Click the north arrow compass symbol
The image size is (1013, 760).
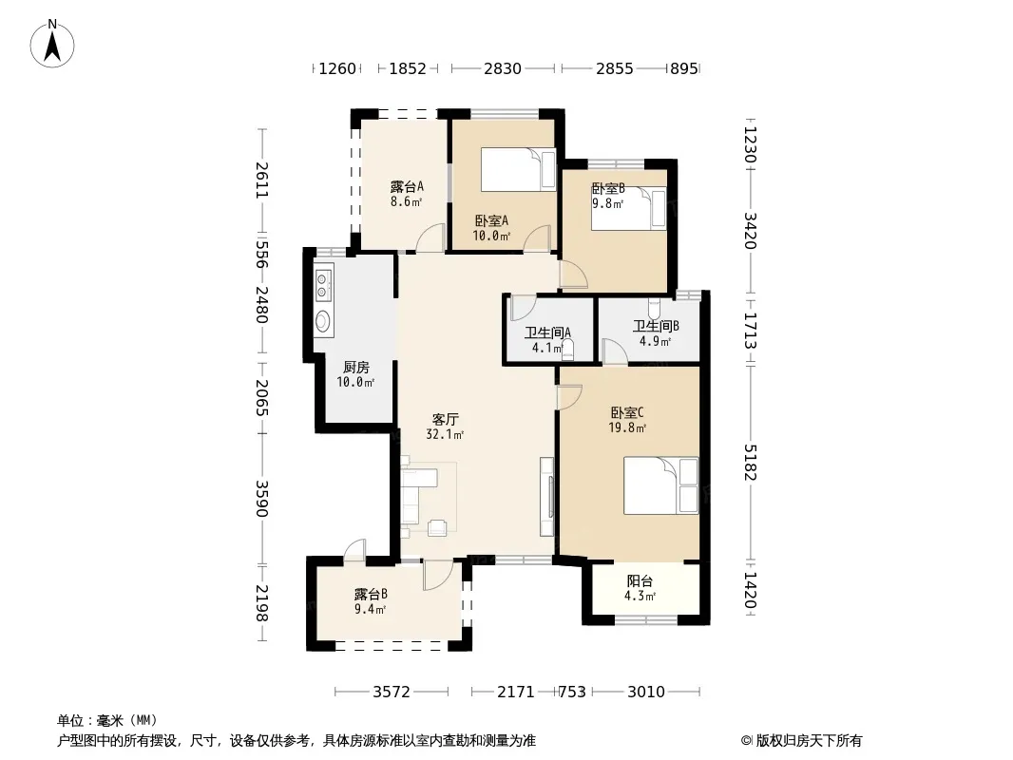pyautogui.click(x=52, y=44)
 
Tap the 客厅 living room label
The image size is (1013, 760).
pyautogui.click(x=445, y=419)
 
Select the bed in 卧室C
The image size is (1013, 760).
pyautogui.click(x=660, y=485)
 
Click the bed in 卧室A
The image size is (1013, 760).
pyautogui.click(x=518, y=170)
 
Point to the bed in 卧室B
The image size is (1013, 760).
pyautogui.click(x=628, y=208)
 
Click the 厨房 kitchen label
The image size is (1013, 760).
pyautogui.click(x=356, y=368)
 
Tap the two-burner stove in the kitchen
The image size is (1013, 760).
pyautogui.click(x=323, y=285)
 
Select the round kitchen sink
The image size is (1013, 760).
pyautogui.click(x=322, y=321)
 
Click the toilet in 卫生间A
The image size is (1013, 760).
pyautogui.click(x=568, y=348)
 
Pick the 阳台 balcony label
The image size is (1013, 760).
pyautogui.click(x=640, y=581)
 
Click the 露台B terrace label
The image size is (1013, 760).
pyautogui.click(x=371, y=594)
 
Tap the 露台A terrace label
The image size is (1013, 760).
pyautogui.click(x=407, y=186)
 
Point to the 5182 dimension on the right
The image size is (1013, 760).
pyautogui.click(x=750, y=463)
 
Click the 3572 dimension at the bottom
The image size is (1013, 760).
pyautogui.click(x=392, y=693)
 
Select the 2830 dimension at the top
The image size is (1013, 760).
pyautogui.click(x=503, y=68)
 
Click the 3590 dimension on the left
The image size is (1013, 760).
pyautogui.click(x=261, y=499)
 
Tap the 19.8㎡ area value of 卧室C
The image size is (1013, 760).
pyautogui.click(x=627, y=427)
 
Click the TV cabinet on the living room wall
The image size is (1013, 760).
pyautogui.click(x=547, y=497)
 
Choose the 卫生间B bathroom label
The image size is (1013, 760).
pyautogui.click(x=656, y=326)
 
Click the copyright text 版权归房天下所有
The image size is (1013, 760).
pyautogui.click(x=809, y=741)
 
